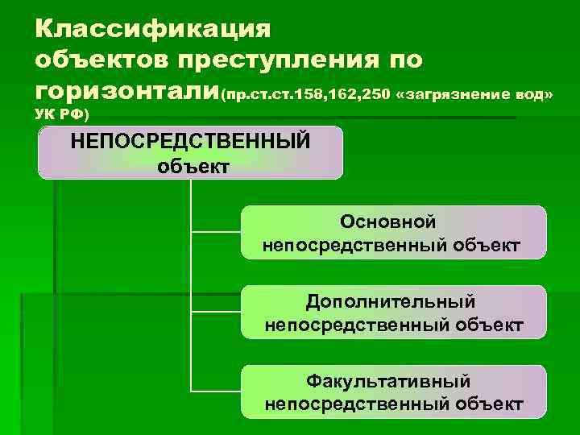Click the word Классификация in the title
coord(154,30)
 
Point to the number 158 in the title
coord(307,96)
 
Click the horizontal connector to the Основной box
coord(216,232)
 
